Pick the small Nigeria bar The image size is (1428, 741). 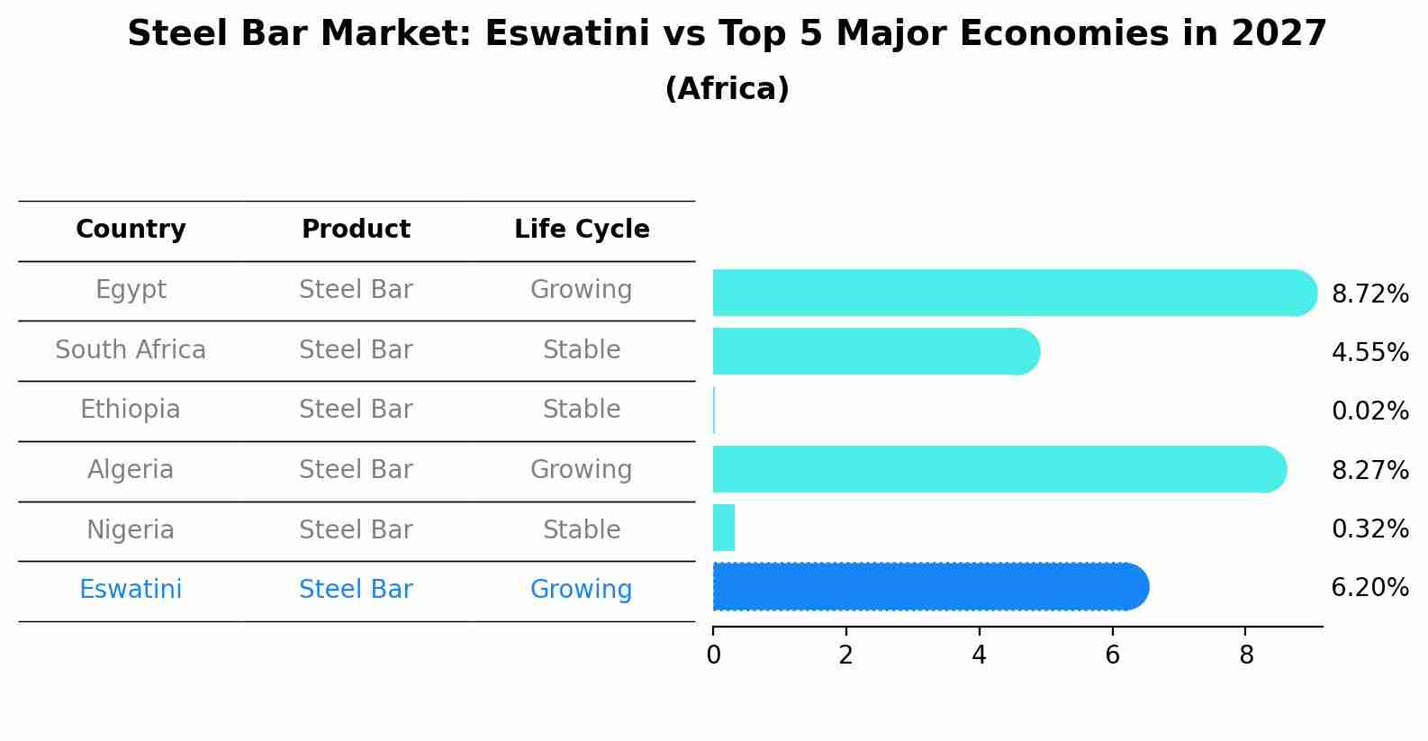(x=724, y=528)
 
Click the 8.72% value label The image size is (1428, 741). (x=1369, y=294)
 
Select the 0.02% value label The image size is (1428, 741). (x=1369, y=411)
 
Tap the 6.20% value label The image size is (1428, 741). (x=1369, y=588)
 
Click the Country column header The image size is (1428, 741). (x=131, y=230)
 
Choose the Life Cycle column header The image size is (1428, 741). (x=582, y=230)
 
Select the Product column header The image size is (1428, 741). (x=356, y=230)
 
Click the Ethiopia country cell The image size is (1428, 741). (x=131, y=410)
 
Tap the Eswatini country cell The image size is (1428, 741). (x=131, y=590)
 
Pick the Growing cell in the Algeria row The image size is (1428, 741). (x=581, y=470)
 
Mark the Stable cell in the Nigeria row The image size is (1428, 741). (x=581, y=529)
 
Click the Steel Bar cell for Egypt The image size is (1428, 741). (x=356, y=290)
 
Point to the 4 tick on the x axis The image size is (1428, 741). (x=979, y=655)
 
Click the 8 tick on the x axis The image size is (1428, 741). (x=1246, y=655)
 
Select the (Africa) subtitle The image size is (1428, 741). (x=727, y=89)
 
